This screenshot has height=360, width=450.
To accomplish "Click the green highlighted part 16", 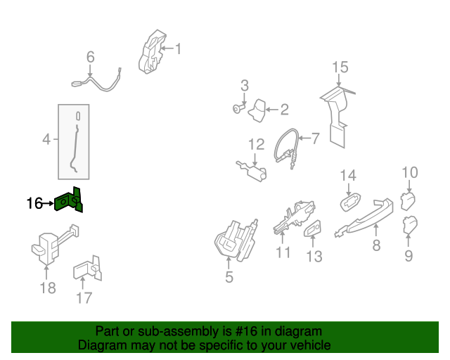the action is (x=68, y=201).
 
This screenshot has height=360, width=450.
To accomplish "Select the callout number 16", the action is (x=34, y=203).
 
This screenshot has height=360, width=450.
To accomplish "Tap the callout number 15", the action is (x=340, y=67).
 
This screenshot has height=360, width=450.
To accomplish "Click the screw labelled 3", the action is (x=238, y=109).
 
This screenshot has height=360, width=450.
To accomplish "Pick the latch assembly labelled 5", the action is (x=236, y=240).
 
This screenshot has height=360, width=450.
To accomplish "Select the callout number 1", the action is (x=179, y=49).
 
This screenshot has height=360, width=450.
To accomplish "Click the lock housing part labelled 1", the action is (x=152, y=52).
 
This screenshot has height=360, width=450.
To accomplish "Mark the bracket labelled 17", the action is (x=87, y=269).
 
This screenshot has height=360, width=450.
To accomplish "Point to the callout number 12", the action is (x=256, y=144).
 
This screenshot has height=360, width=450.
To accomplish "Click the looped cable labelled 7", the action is (x=285, y=147).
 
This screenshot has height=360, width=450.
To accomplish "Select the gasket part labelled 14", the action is (x=350, y=202).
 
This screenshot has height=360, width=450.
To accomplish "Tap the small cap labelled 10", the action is (x=408, y=201).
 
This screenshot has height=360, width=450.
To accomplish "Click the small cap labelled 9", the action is (x=410, y=225).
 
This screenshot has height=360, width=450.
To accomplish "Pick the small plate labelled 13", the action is (x=312, y=229).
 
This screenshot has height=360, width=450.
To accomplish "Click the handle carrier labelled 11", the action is (x=294, y=217).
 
